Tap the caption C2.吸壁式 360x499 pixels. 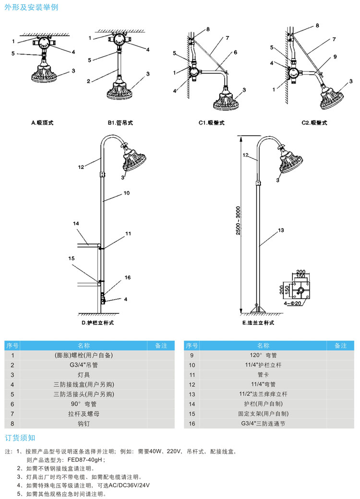(x=314, y=123)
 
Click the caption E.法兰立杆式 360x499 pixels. (x=258, y=323)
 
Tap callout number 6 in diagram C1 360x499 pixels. (x=236, y=52)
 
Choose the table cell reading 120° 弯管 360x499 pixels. (x=264, y=356)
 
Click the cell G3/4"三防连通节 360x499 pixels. (x=264, y=424)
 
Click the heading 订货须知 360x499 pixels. (x=20, y=438)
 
